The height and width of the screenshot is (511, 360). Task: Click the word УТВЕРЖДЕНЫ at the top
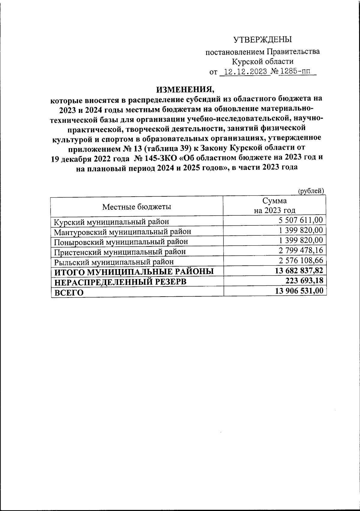262,39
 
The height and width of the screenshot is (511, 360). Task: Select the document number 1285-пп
293,72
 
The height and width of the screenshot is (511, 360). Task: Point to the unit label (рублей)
311,191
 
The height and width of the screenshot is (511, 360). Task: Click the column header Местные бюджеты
137,207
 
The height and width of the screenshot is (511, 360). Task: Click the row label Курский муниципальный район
111,222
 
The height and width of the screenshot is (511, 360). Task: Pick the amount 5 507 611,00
301,220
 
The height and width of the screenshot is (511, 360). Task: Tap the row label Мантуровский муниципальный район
122,232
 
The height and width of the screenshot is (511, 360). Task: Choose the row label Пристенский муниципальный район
120,252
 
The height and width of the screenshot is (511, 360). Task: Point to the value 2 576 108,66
301,260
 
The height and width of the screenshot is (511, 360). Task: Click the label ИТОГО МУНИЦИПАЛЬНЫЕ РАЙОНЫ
133,272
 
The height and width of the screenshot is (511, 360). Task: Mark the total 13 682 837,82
299,270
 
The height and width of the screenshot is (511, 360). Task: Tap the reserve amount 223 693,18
303,280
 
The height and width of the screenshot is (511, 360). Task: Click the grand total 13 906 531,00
299,290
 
